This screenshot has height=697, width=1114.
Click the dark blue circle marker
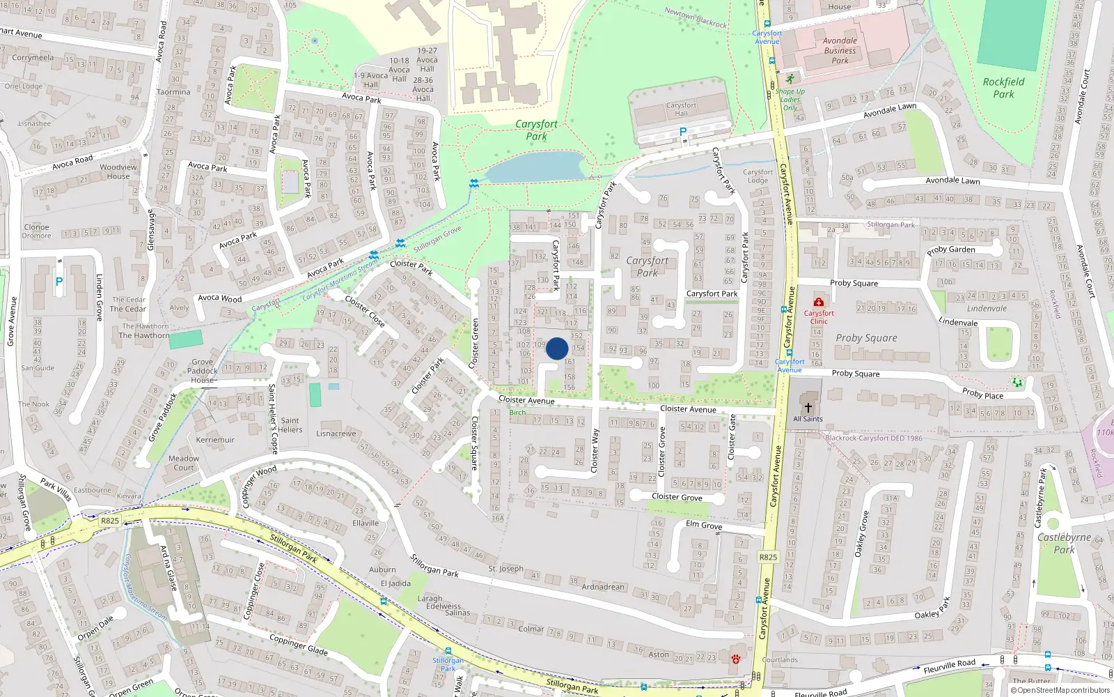pos(557,348)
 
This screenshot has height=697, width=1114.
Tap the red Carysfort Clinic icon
pos(819,302)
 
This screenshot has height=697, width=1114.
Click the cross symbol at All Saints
pos(808,407)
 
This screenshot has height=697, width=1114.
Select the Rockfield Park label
pos(1003,88)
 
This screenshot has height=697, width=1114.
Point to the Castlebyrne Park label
pos(1064,543)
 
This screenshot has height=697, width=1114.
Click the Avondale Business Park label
pos(840,50)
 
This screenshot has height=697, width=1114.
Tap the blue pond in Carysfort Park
pos(535,167)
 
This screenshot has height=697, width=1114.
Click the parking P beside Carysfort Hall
pos(682,132)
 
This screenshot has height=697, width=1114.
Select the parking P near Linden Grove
pos(59,282)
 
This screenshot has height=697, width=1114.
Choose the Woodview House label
pos(118,171)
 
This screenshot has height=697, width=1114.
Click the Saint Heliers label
pos(290,424)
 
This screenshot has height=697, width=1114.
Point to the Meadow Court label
pos(184,463)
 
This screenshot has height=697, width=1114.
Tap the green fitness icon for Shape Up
pos(790,79)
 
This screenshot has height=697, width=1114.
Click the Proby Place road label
pos(982,394)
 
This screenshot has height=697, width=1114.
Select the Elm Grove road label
pos(704,525)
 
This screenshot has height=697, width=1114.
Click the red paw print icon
pos(735,659)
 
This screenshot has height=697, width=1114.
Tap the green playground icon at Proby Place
pos(1017,382)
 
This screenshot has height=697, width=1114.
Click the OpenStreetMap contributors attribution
pos(1060,690)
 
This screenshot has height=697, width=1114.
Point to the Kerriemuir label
pos(215,440)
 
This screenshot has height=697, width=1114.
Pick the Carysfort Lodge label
pos(758,176)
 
